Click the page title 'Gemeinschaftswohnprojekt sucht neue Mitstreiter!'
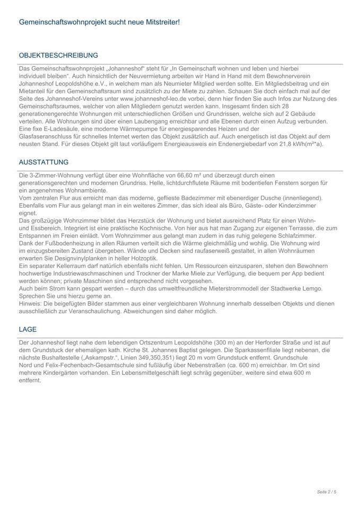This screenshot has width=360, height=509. tap(99, 22)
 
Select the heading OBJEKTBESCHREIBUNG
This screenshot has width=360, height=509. tap(58, 55)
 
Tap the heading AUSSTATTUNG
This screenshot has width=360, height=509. tap(43, 162)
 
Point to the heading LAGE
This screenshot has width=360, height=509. tap(28, 329)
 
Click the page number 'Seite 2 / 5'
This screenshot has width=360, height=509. tap(327, 492)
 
